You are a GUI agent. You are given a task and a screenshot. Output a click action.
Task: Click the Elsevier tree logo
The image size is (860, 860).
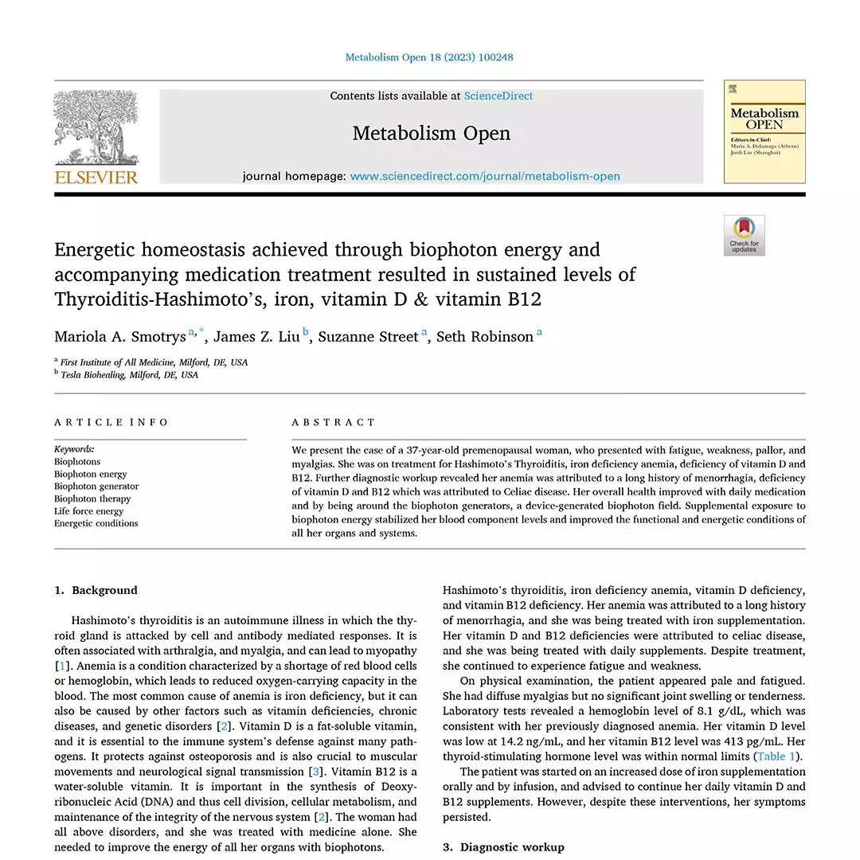(96, 127)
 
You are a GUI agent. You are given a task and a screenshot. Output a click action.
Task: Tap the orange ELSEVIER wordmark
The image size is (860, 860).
(96, 177)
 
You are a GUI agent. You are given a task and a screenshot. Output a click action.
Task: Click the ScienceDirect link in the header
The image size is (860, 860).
(498, 96)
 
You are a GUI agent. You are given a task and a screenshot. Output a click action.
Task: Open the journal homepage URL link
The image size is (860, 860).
(485, 177)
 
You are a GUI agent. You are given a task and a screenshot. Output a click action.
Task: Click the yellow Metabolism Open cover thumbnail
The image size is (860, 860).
(764, 131)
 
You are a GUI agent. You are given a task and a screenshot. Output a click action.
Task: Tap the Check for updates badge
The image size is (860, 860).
(744, 236)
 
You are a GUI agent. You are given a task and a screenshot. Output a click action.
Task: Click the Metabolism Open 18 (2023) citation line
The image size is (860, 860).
(429, 57)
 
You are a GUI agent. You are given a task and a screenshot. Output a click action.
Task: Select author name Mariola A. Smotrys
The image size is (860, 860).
(120, 337)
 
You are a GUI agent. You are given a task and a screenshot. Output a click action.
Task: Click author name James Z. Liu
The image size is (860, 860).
(256, 337)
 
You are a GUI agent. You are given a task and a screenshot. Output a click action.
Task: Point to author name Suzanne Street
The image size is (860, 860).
(368, 337)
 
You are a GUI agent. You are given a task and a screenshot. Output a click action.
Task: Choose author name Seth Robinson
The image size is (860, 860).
(485, 337)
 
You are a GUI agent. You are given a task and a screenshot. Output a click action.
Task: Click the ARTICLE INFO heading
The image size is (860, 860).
(111, 422)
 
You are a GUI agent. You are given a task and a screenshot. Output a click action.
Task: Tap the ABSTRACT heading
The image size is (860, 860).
(334, 422)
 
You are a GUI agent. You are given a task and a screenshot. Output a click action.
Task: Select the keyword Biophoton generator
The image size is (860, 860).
(96, 487)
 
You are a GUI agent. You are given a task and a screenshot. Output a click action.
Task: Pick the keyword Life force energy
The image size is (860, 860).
(88, 511)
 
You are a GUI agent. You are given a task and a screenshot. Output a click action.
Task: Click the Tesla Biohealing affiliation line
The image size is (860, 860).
(130, 375)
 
